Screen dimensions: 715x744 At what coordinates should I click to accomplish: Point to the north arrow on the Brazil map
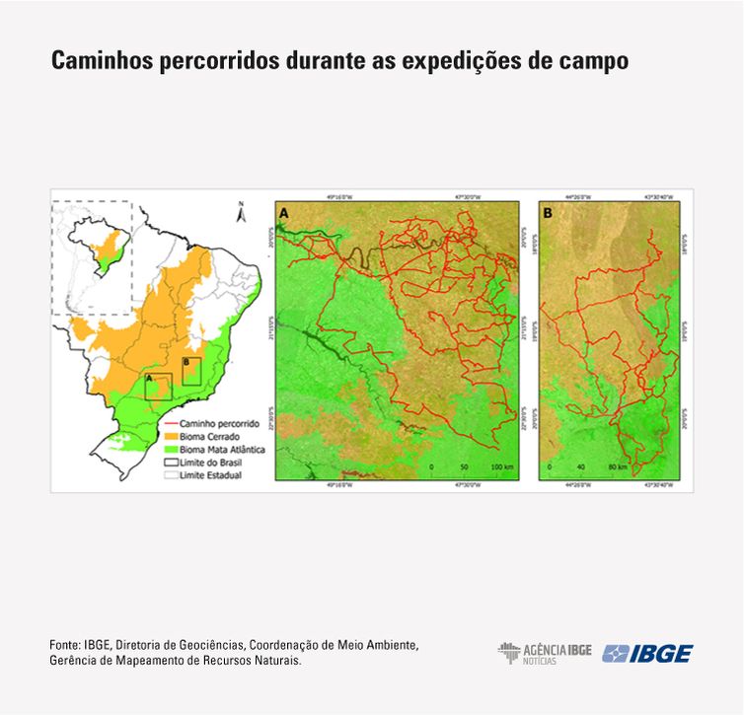click(240, 211)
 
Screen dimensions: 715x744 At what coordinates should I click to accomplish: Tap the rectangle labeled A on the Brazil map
click(158, 387)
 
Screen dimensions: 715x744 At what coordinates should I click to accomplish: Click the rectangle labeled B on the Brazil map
click(191, 372)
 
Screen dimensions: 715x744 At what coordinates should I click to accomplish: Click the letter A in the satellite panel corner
click(285, 212)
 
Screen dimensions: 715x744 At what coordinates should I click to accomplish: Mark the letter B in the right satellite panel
click(548, 212)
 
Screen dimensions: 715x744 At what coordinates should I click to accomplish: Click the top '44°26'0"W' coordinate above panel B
click(577, 196)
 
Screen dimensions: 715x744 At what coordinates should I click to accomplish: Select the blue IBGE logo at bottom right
click(647, 653)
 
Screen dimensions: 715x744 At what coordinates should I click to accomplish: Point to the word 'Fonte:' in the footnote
click(65, 645)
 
